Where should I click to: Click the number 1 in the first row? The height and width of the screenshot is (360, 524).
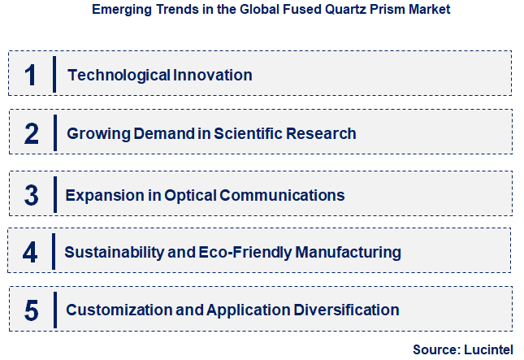(x=30, y=75)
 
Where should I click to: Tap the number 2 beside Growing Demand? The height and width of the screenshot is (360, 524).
(x=31, y=133)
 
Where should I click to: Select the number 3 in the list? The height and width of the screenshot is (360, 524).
(x=31, y=195)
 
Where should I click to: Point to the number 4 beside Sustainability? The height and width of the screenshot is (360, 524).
(x=30, y=252)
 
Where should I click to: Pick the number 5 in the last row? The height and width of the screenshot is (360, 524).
(x=31, y=310)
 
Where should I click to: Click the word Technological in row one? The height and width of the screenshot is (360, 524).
(x=119, y=76)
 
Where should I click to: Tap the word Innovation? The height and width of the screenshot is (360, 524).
(x=213, y=76)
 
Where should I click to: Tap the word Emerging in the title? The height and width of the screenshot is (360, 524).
(x=120, y=11)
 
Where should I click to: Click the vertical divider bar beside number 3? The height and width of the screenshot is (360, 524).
(x=54, y=195)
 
